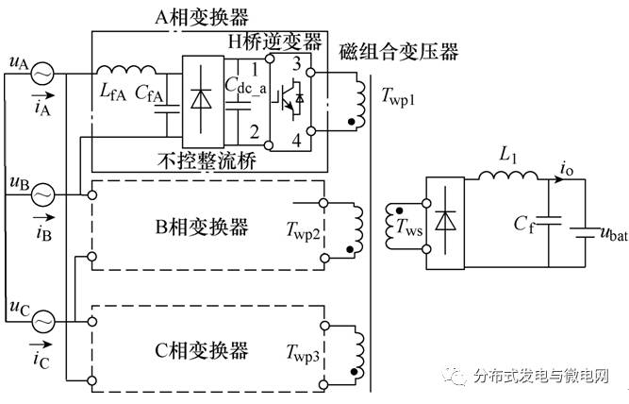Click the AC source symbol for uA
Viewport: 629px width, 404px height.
[42, 72]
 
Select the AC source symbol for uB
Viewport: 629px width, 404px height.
[42, 195]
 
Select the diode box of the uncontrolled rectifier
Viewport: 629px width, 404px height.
[199, 100]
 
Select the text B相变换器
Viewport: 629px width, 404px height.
[202, 227]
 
